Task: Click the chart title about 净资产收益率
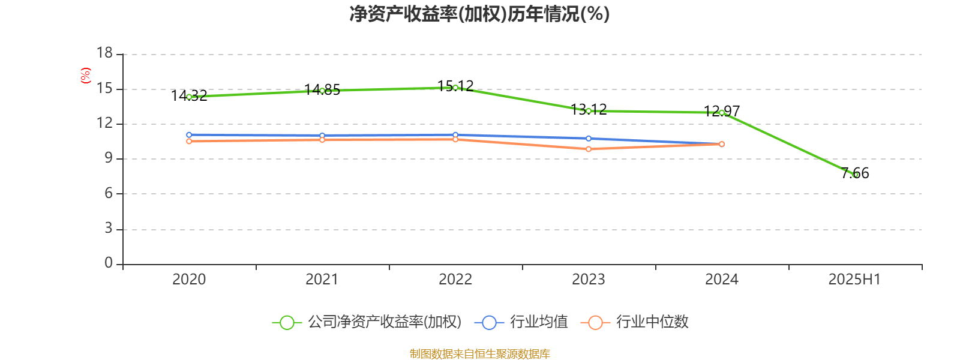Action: point(479,14)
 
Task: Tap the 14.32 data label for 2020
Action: point(189,95)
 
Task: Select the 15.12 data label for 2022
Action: point(455,86)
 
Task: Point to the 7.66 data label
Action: point(855,173)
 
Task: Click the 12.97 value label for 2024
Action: point(722,111)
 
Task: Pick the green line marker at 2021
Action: point(322,91)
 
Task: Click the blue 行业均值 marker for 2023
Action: point(589,139)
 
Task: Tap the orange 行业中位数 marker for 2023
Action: point(589,149)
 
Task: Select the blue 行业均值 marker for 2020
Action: point(189,135)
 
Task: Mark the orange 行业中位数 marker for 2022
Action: point(455,139)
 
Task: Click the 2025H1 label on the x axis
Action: point(854,279)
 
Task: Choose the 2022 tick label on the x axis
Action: point(455,279)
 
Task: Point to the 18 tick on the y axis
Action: point(105,53)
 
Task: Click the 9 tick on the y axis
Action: point(109,158)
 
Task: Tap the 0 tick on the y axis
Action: point(109,263)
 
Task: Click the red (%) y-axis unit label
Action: point(86,75)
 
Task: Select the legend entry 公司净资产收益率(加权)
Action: point(384,322)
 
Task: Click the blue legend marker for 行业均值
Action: point(489,322)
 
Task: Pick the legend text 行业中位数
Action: point(652,322)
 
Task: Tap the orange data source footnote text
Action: point(479,354)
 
